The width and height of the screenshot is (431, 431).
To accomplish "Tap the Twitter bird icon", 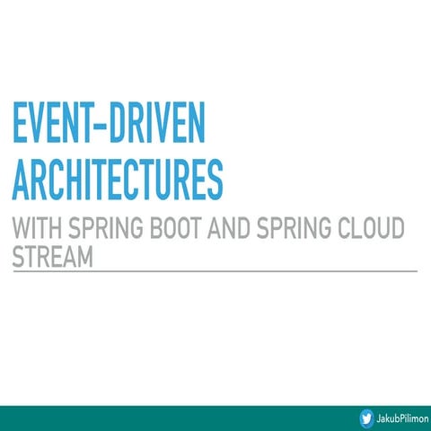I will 367,418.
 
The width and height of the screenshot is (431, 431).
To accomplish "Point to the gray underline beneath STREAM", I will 215,269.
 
